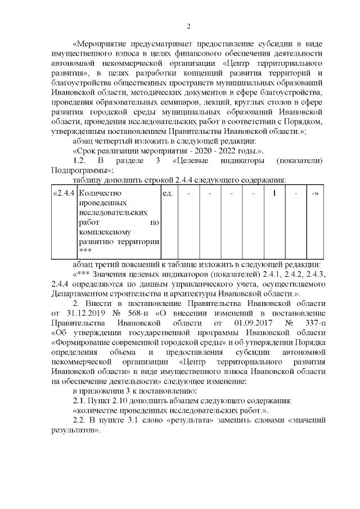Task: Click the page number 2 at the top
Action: point(189,26)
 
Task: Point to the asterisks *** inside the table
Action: point(85,251)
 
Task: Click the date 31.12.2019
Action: point(83,313)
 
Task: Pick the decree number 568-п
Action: point(137,313)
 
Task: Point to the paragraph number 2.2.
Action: point(81,420)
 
